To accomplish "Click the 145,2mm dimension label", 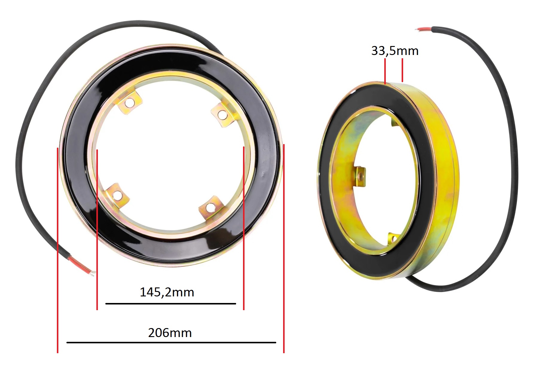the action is click(167, 292).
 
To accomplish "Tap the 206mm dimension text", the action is click(170, 333).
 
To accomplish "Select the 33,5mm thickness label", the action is click(395, 51).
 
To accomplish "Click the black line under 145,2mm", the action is click(171, 304).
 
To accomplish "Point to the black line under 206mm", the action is click(171, 342).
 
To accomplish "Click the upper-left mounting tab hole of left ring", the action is click(130, 103).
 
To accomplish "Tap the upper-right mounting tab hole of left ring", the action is click(222, 114).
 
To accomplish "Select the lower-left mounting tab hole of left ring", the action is click(118, 196).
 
